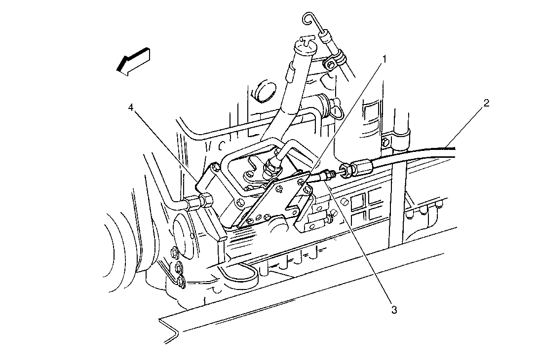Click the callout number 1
click(x=384, y=59)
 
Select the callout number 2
click(x=486, y=103)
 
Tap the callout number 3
click(x=394, y=310)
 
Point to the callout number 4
click(x=130, y=108)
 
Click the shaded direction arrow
click(x=133, y=61)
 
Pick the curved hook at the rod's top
click(x=309, y=20)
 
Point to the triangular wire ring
click(x=337, y=110)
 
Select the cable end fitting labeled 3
click(x=324, y=176)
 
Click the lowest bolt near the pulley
click(x=181, y=282)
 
